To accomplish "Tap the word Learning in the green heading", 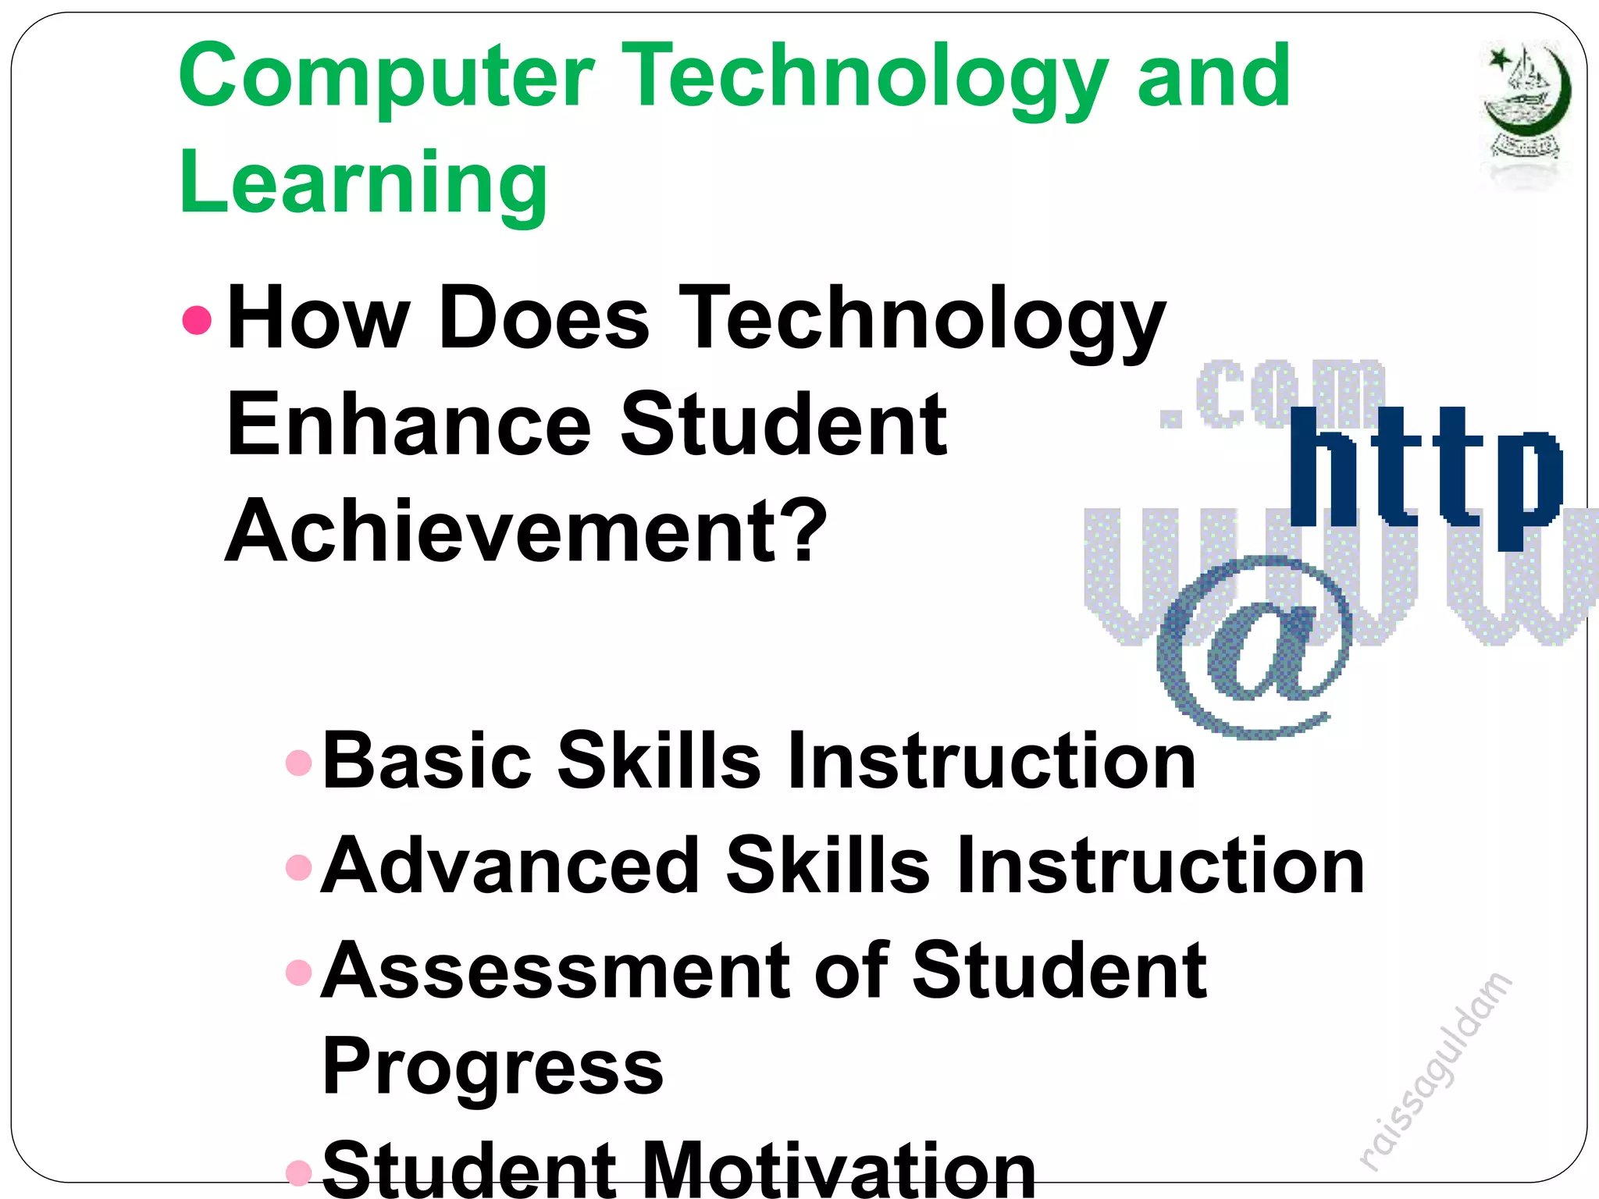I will point(363,184).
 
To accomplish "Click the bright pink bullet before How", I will point(197,319).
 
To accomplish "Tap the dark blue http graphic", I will point(1425,476).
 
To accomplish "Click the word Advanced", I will point(511,866).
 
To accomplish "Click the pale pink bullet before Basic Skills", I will point(299,762).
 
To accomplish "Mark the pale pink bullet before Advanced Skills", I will point(299,866).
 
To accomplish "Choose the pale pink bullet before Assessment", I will point(299,972).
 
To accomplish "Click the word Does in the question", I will point(544,319).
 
